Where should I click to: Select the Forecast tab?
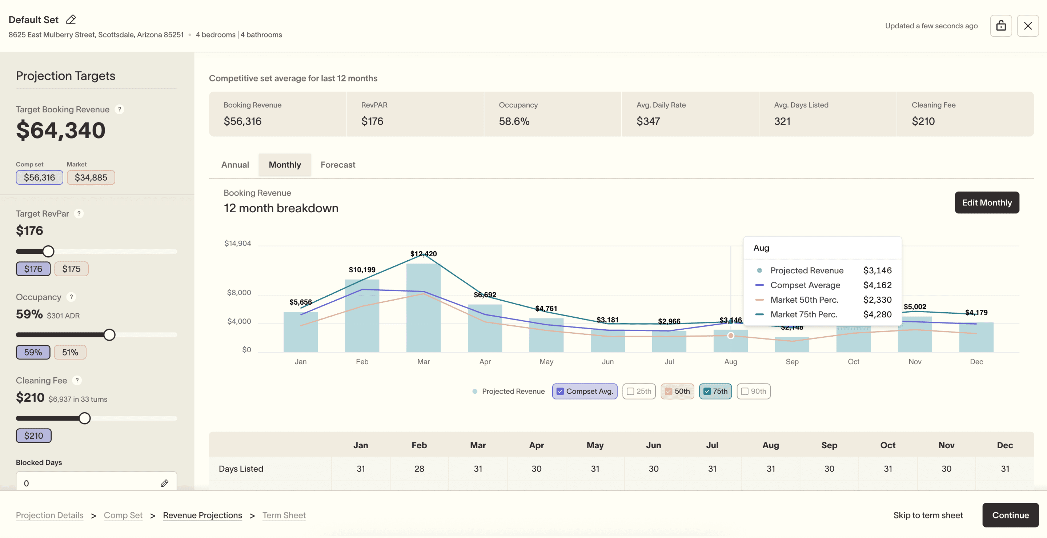point(337,165)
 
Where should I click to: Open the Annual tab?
point(235,165)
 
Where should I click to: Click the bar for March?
point(423,309)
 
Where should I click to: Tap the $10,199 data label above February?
point(362,269)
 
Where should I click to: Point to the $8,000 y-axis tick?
point(238,293)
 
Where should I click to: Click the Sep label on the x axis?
point(792,362)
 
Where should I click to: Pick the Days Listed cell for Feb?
point(419,469)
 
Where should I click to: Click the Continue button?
point(1010,515)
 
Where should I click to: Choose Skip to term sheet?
point(927,515)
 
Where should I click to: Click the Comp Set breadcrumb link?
point(123,515)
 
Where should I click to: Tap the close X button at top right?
point(1027,26)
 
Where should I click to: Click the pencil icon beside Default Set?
point(71,20)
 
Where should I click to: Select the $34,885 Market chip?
point(91,177)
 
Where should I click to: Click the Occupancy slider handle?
point(109,335)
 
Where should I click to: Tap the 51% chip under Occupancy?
point(70,352)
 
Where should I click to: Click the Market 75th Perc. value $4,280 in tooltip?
point(877,314)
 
